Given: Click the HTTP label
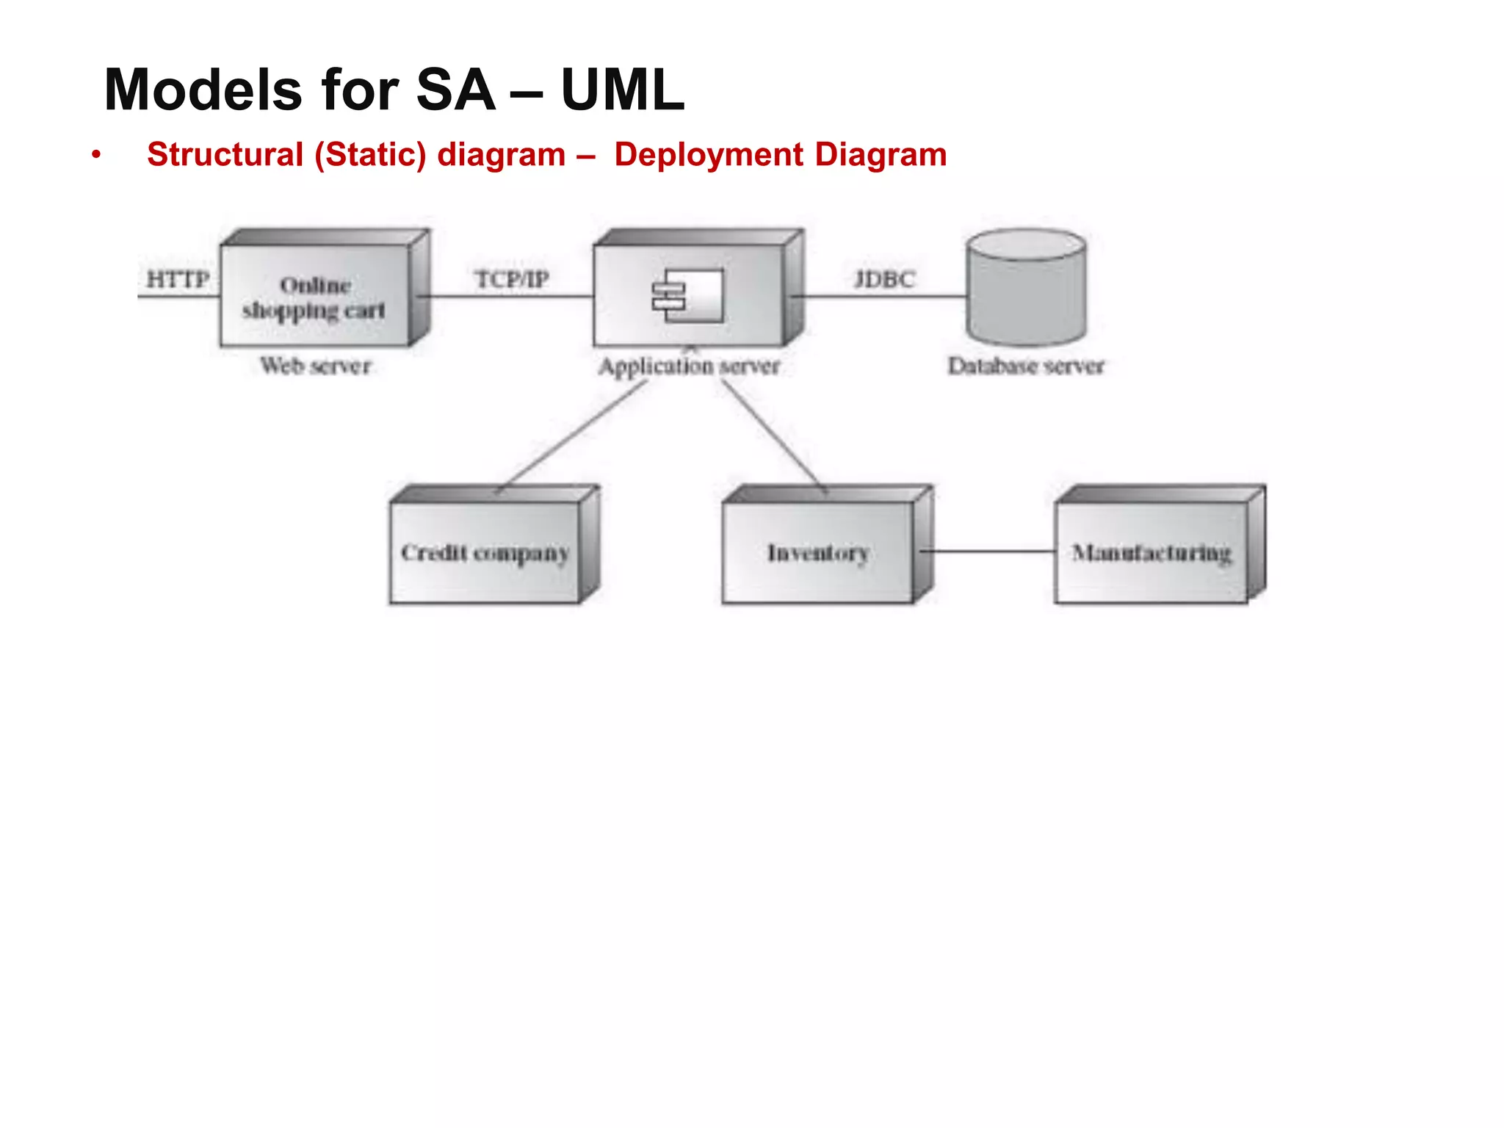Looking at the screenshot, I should pos(178,279).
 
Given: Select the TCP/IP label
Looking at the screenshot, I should pos(512,279).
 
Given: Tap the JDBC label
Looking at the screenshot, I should pos(884,279).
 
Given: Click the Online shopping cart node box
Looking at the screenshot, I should pos(314,297).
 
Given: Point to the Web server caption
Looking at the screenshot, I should pos(316,365).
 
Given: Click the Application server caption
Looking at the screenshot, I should pos(689,366).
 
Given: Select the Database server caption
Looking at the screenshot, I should pos(1026,366).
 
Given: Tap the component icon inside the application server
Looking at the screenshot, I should pos(689,295).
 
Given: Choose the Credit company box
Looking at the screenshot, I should pos(485,552).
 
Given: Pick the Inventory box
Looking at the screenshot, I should pos(818,552).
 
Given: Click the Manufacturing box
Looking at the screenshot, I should pos(1151,552).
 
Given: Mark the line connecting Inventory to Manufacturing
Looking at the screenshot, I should pos(988,551).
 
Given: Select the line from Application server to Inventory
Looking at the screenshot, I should pos(771,433).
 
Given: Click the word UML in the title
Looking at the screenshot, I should pos(623,90).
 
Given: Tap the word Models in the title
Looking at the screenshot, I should pos(203,90).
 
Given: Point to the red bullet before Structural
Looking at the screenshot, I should pos(95,155).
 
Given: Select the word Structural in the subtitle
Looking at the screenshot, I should pos(225,155).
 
